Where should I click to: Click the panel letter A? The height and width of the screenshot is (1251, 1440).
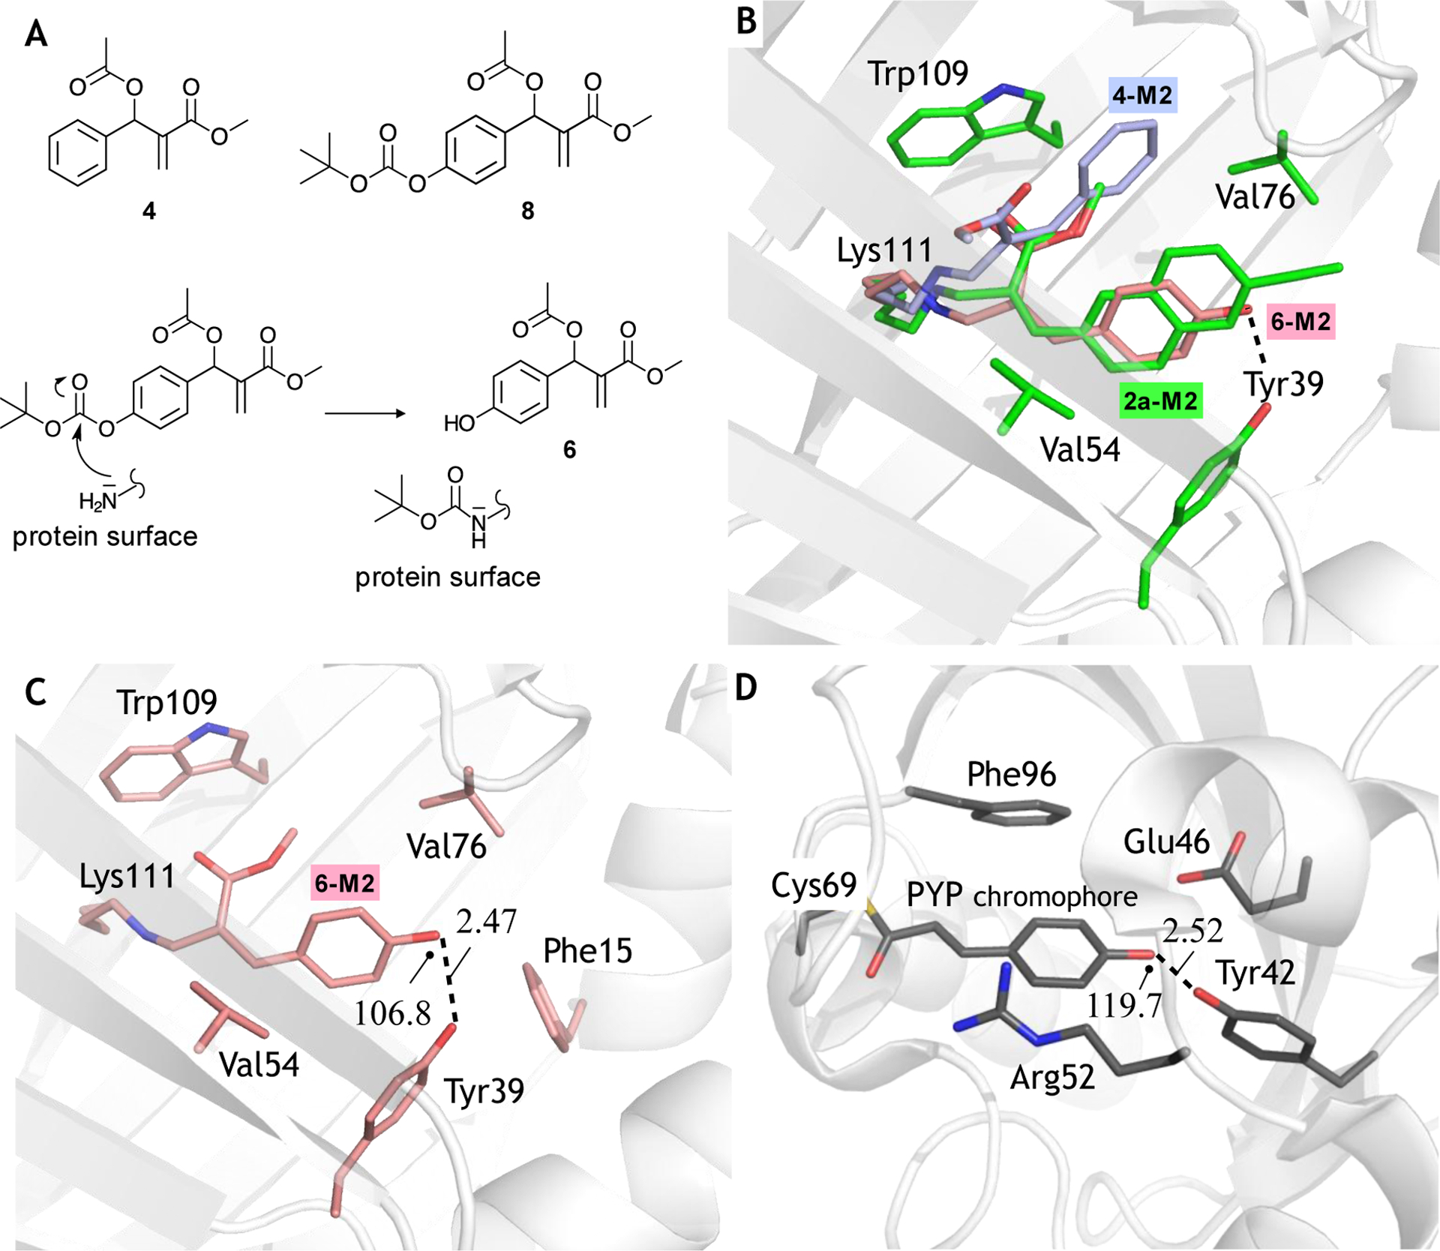tap(36, 34)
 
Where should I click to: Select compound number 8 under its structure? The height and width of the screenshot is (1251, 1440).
tap(527, 211)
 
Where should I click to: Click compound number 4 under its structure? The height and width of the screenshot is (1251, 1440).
tap(149, 211)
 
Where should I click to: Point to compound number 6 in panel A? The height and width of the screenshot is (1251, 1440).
tap(569, 449)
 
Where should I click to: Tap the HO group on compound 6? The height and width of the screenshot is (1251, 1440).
tap(460, 424)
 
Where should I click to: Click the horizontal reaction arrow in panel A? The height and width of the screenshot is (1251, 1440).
tap(364, 413)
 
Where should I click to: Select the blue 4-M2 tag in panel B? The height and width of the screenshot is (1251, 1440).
tap(1142, 96)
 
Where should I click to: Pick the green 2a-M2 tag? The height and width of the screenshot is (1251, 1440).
tap(1160, 401)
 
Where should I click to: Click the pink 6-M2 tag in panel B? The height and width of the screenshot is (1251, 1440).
tap(1300, 322)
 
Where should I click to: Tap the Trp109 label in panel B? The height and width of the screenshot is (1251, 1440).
tap(917, 73)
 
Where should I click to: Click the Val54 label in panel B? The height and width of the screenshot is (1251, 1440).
tap(1080, 449)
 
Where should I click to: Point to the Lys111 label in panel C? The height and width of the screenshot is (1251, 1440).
tap(127, 876)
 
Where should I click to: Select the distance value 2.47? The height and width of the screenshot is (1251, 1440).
tap(486, 921)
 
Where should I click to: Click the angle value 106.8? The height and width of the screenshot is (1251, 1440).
tap(392, 1014)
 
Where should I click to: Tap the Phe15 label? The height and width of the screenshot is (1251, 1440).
tap(587, 951)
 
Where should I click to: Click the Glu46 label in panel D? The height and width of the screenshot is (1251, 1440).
tap(1166, 842)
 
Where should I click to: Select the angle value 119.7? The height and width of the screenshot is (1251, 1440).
tap(1123, 1004)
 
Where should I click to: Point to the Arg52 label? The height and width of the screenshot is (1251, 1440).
tap(1052, 1078)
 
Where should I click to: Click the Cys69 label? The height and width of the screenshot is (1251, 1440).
tap(814, 886)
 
